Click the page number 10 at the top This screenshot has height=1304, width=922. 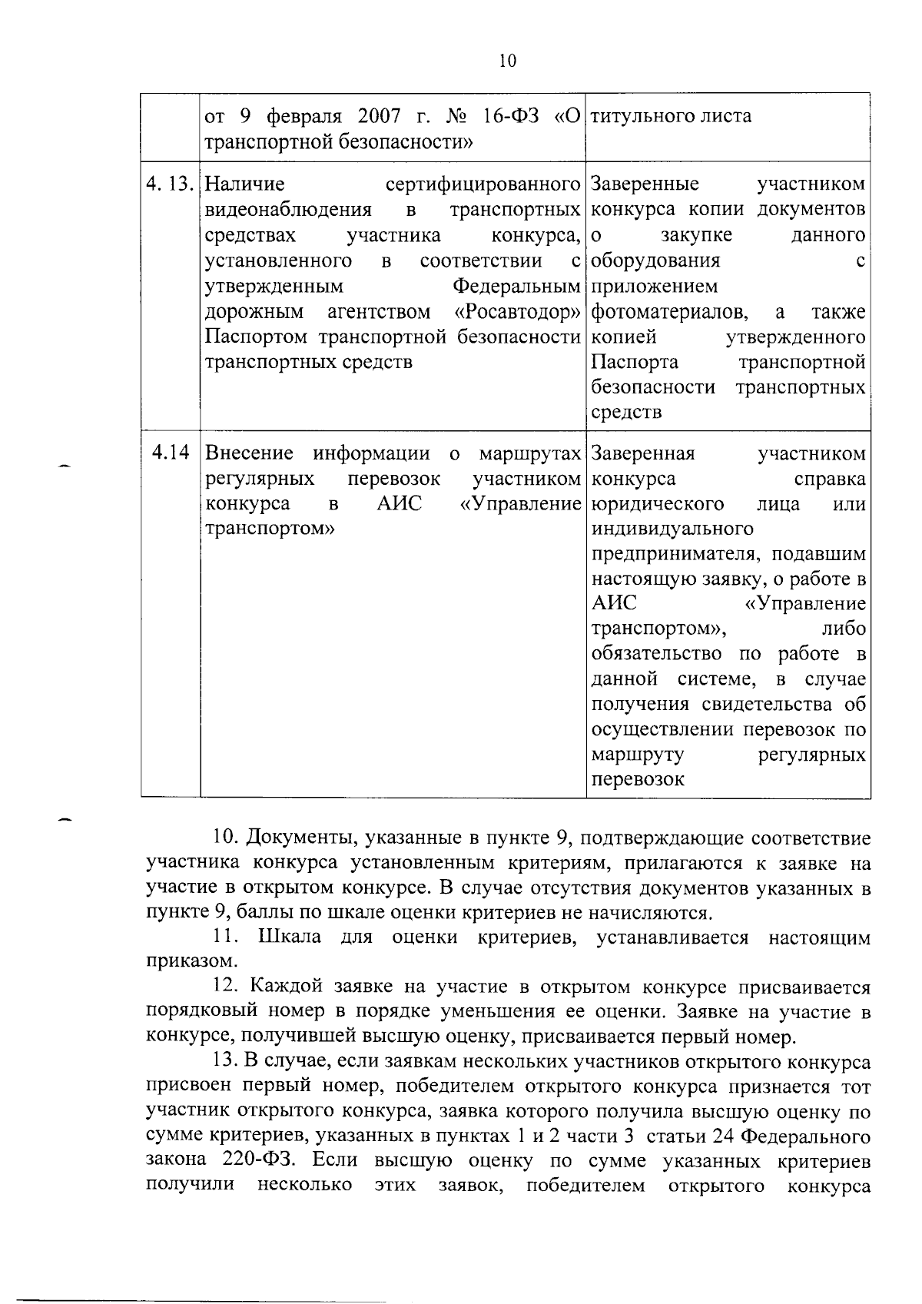click(508, 61)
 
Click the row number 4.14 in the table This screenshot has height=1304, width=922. click(171, 453)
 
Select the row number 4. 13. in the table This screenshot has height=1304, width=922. click(171, 185)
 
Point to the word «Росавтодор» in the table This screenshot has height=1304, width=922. click(517, 312)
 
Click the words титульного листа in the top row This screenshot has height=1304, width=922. click(672, 117)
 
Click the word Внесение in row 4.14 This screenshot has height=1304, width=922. click(250, 453)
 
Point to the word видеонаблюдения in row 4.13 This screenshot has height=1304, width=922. click(289, 210)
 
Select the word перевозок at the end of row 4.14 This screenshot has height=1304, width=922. click(638, 779)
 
